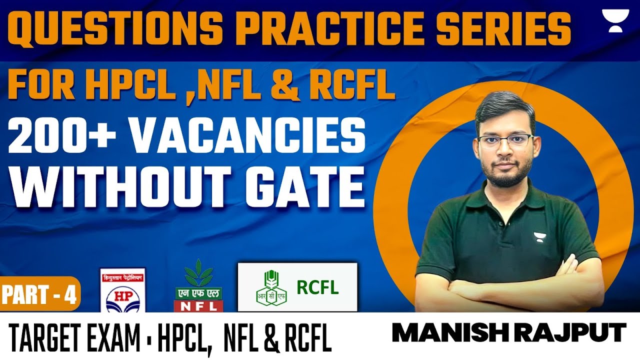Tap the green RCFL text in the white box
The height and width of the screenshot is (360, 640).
[x=317, y=287]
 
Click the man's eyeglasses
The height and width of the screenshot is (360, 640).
[x=504, y=140]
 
